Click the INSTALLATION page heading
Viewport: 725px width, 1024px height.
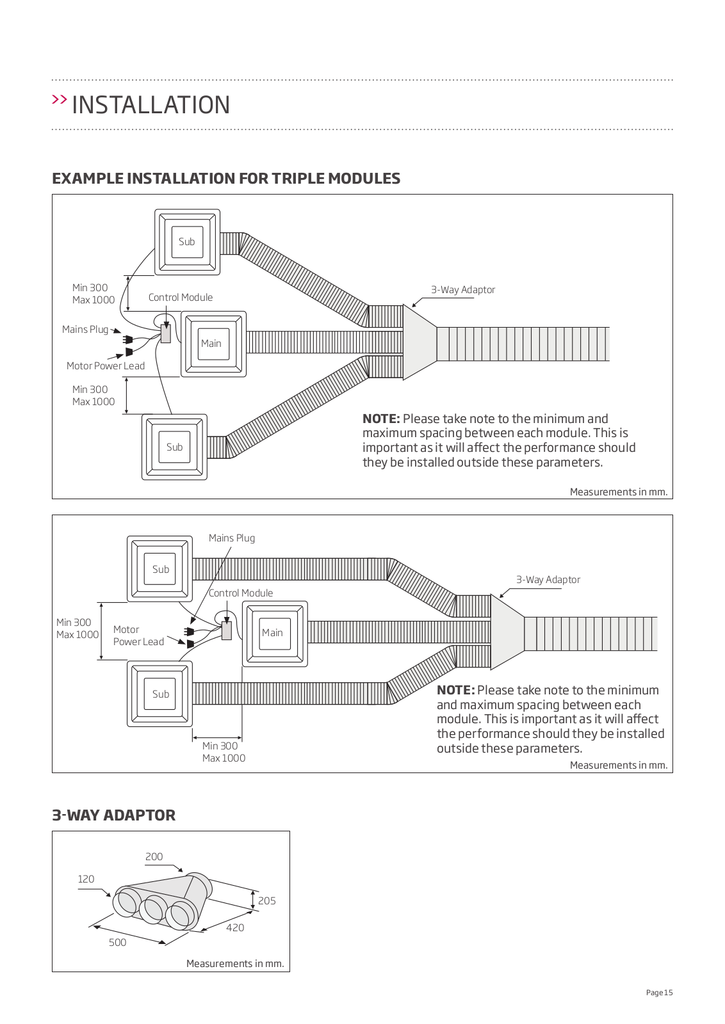pos(151,105)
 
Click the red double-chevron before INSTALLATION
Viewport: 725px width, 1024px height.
pos(60,100)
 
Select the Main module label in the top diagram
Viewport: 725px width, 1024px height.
pos(211,343)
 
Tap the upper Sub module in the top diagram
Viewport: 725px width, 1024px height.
pos(187,241)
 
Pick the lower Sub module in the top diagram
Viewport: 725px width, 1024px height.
pos(174,447)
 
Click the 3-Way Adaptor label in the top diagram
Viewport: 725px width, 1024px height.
pos(462,290)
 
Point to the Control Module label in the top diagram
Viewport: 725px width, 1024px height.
pos(181,298)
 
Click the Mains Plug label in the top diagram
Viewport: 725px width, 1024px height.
pos(85,330)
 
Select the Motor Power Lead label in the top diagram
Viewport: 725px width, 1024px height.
pos(106,366)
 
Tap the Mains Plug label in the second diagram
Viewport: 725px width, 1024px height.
pos(232,538)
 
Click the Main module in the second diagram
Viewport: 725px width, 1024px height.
pos(272,632)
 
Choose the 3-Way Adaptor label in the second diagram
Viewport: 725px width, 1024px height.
pos(548,580)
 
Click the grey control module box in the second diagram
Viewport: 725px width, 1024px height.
pos(227,631)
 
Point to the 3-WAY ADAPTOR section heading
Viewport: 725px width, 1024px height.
pos(113,815)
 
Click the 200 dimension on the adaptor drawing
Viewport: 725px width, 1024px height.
pos(154,857)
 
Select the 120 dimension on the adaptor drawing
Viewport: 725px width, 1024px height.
pos(86,879)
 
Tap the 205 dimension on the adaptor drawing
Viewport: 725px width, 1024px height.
pos(267,901)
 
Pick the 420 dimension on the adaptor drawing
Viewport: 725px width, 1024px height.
pos(235,928)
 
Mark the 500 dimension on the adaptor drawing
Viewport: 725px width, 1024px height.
pos(117,943)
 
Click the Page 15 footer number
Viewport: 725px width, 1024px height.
pos(659,993)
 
